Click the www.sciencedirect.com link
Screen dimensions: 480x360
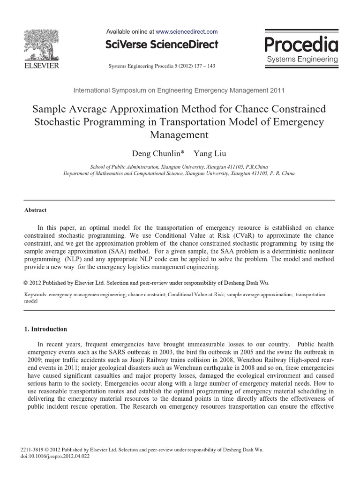point(187,32)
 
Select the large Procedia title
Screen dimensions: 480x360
point(301,45)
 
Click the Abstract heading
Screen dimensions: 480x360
point(35,210)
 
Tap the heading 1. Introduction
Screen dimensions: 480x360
point(45,329)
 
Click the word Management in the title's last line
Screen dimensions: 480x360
point(179,135)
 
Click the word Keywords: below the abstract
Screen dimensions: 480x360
point(36,295)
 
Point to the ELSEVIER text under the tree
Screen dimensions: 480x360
point(41,66)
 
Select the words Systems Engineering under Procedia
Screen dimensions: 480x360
point(302,60)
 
